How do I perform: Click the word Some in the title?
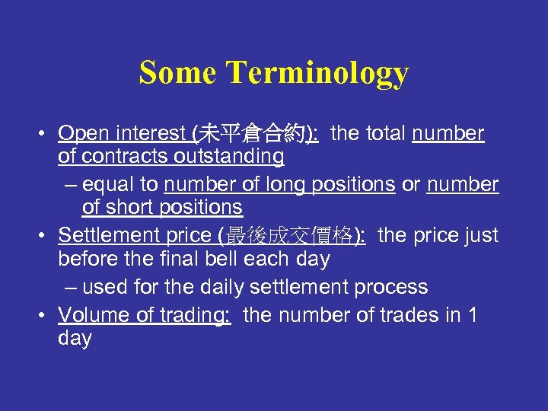[x=179, y=73]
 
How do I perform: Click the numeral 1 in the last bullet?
[x=472, y=315]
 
